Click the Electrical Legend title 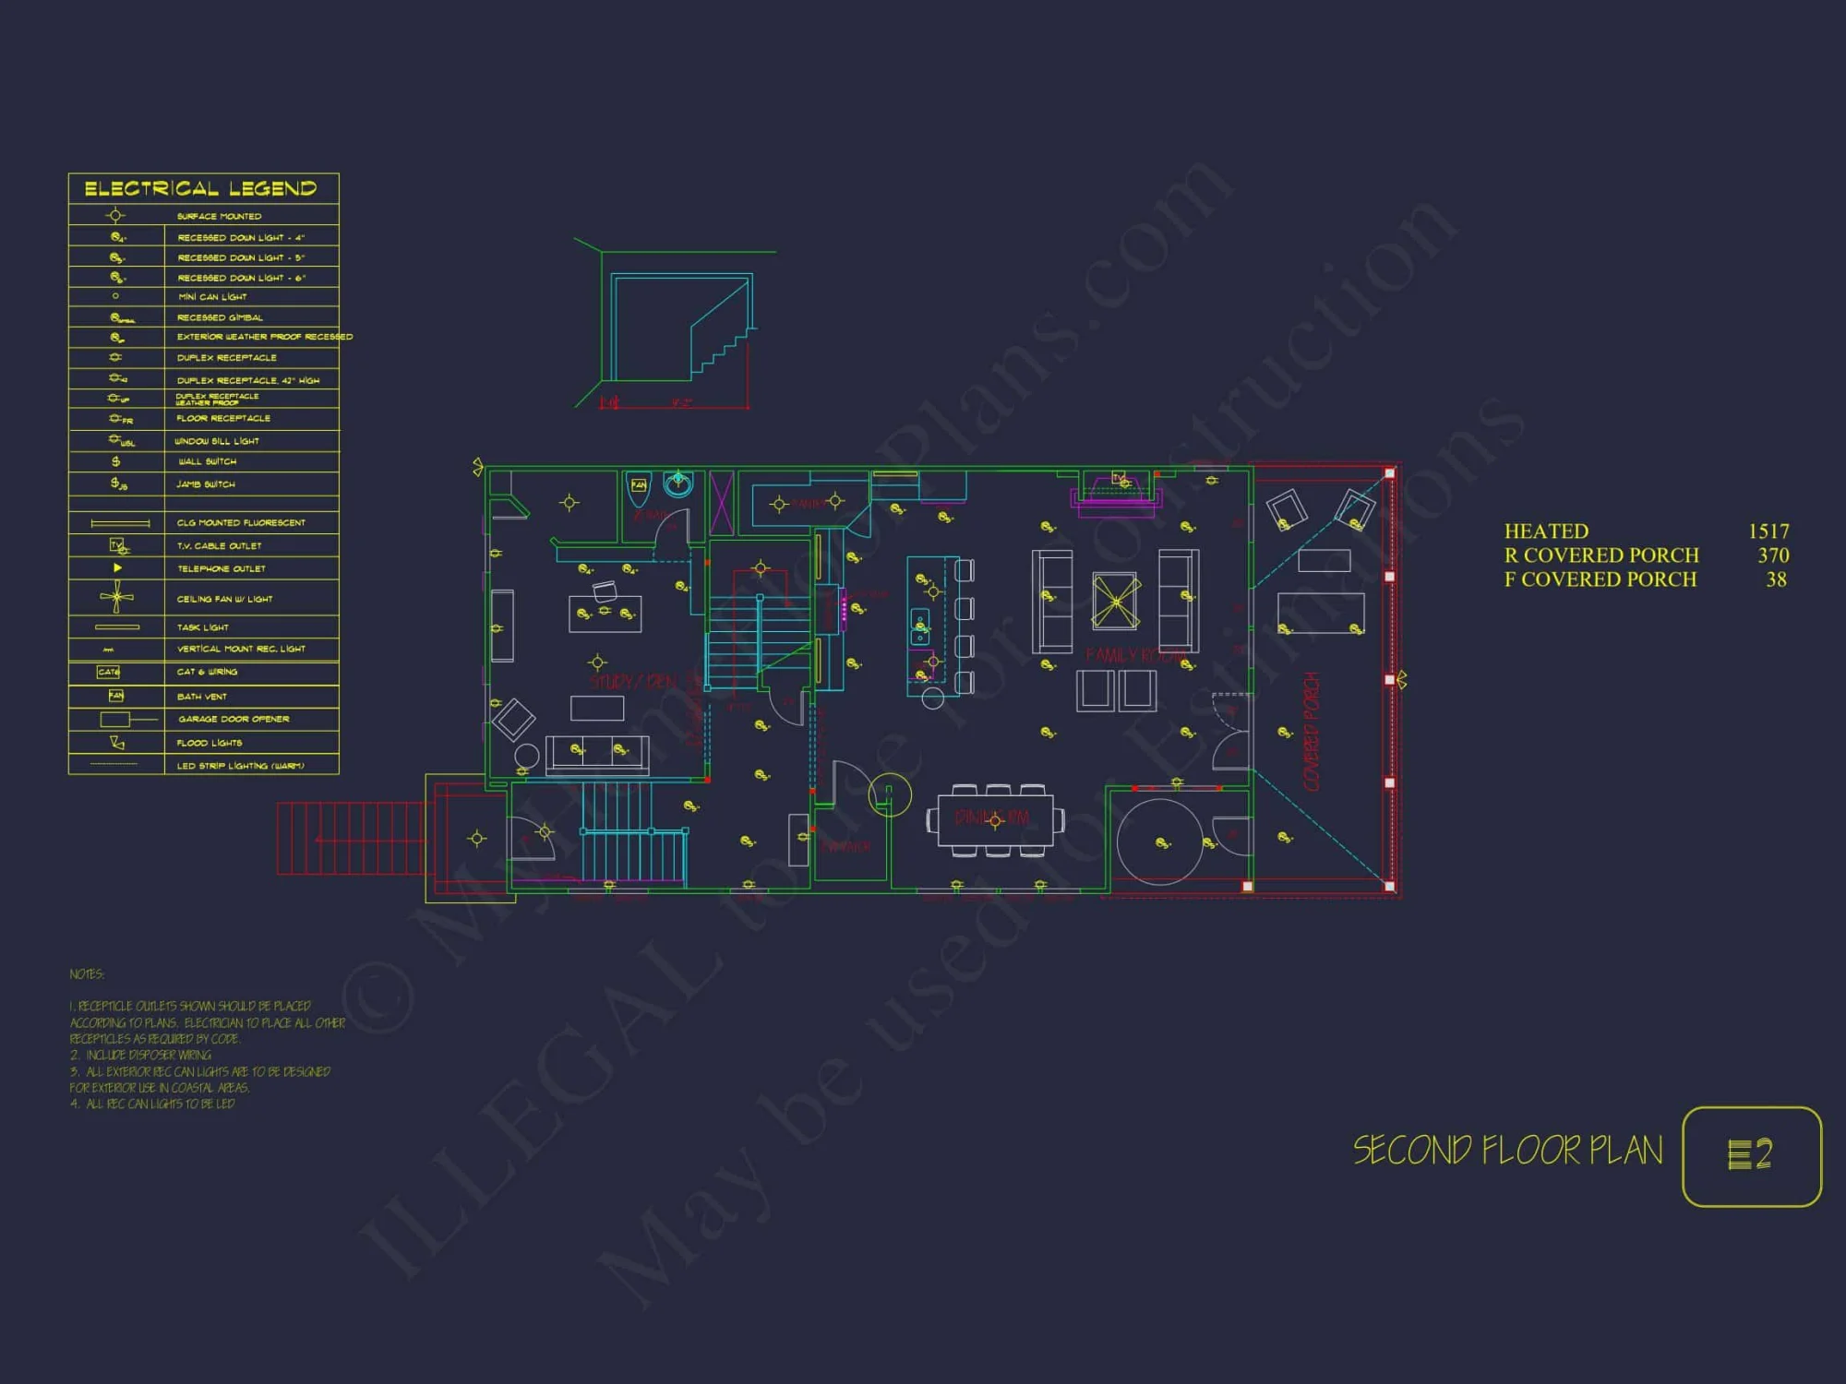point(200,188)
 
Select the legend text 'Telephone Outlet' point(222,568)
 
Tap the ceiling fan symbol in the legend point(116,597)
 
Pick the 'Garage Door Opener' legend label point(234,719)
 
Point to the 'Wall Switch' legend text point(207,461)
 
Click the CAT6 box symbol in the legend point(109,672)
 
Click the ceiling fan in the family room point(1116,602)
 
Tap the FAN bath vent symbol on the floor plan point(638,485)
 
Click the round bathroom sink point(678,483)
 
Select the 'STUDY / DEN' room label point(633,682)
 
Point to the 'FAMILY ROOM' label point(1135,656)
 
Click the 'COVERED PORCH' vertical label point(1312,731)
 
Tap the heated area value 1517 point(1768,531)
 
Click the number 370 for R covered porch point(1772,555)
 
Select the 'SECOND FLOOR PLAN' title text point(1507,1151)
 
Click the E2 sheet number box point(1751,1155)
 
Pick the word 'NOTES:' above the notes point(87,974)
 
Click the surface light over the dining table point(995,820)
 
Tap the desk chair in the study point(605,590)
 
